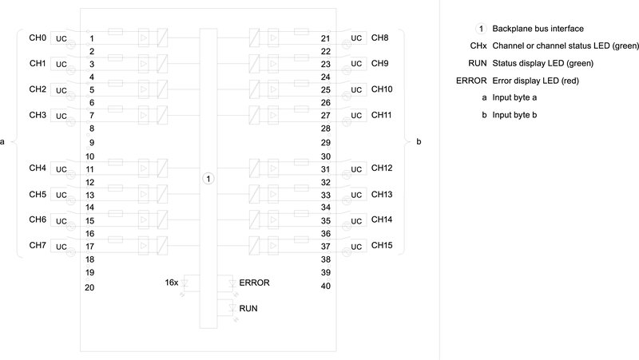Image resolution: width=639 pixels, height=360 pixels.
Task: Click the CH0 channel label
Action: (x=37, y=38)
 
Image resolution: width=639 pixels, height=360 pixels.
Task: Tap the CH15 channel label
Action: (x=382, y=245)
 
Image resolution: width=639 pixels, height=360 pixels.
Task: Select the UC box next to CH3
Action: (x=62, y=116)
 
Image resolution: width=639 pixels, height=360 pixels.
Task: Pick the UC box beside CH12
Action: (x=356, y=169)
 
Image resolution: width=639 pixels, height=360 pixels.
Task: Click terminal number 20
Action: (x=89, y=287)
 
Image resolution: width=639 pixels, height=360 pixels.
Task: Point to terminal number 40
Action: (x=326, y=286)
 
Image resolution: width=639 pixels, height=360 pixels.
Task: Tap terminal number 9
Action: (x=92, y=142)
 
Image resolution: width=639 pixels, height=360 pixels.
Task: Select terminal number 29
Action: (x=326, y=141)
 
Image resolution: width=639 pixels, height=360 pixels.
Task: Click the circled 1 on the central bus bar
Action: (x=208, y=178)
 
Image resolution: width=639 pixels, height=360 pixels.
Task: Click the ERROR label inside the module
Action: (x=254, y=283)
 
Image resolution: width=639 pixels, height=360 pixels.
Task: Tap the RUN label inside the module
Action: (x=248, y=307)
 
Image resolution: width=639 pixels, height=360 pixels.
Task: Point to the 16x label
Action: (x=171, y=283)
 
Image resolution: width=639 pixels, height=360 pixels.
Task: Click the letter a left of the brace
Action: (x=3, y=142)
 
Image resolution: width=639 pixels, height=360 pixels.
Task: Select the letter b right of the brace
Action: (x=419, y=142)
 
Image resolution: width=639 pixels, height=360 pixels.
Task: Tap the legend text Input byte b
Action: (x=515, y=115)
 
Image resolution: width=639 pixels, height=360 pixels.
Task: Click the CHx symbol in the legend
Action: (x=479, y=45)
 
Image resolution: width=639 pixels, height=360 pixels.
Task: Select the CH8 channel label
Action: (x=379, y=38)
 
